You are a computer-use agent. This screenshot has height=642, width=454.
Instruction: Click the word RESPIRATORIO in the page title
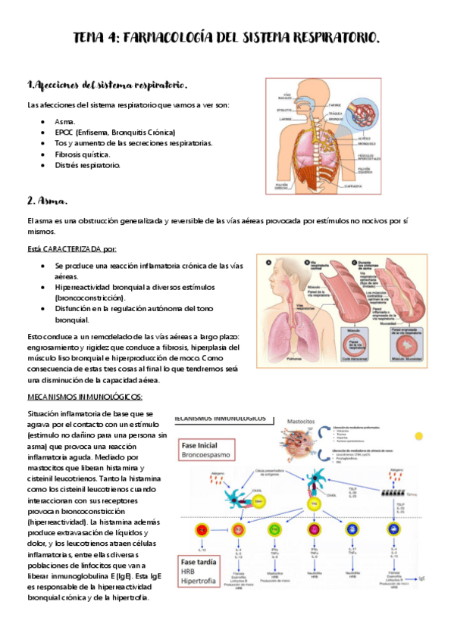click(x=333, y=37)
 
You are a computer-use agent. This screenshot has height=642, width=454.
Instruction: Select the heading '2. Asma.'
click(x=48, y=201)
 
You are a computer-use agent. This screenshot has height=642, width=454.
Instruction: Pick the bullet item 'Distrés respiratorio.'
click(x=87, y=165)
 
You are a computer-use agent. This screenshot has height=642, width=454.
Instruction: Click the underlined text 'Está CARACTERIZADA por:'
click(x=71, y=249)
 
